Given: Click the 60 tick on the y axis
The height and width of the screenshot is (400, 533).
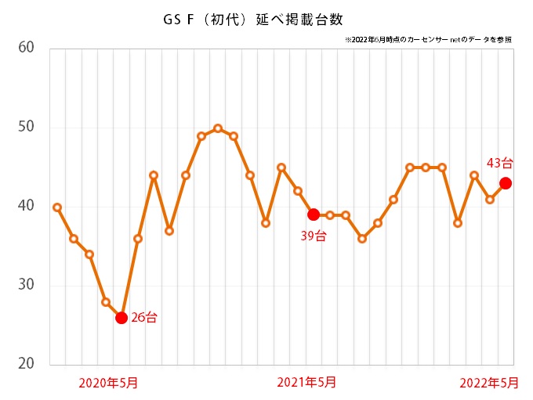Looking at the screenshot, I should click(x=26, y=48).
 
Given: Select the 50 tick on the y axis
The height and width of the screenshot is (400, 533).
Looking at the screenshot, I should click(x=26, y=127).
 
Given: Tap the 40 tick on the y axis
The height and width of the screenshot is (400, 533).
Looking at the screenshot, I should click(x=26, y=206).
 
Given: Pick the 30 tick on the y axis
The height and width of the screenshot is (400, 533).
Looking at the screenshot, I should click(x=26, y=285).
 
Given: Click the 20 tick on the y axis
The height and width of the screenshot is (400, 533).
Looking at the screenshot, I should click(x=26, y=364).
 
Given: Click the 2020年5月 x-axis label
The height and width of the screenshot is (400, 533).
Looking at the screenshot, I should click(x=110, y=383).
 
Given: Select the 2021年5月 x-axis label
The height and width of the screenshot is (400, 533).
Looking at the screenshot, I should click(x=307, y=383).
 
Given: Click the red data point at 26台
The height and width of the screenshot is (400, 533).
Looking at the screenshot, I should click(x=121, y=317).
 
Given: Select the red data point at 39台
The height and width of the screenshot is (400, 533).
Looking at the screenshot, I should click(x=314, y=214).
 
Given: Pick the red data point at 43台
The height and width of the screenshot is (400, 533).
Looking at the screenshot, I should click(x=506, y=183).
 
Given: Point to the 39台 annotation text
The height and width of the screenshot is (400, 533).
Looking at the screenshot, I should click(x=314, y=235).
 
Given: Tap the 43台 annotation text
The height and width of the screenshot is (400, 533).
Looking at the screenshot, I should click(x=500, y=164).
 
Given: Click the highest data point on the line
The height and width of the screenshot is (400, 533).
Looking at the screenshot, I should click(x=218, y=128).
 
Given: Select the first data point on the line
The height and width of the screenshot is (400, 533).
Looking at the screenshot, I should click(x=57, y=207).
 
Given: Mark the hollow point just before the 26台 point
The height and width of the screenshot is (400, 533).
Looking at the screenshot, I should click(x=106, y=302).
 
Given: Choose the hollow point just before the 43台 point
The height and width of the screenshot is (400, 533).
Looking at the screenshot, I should click(x=490, y=200).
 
